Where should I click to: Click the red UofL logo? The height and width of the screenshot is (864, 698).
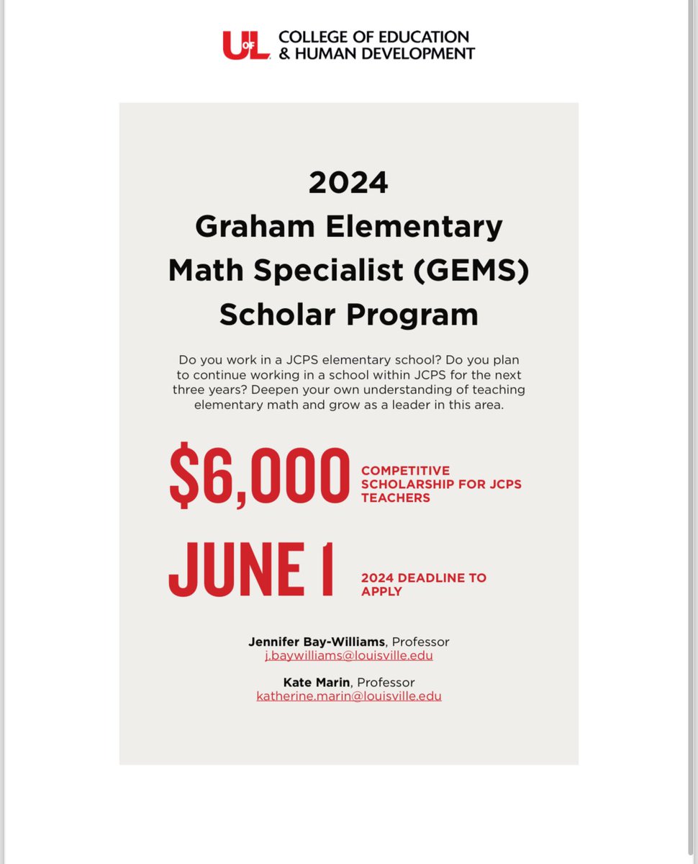246,45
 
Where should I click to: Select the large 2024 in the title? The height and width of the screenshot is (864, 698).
348,183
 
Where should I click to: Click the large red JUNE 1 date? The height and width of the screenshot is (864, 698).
251,570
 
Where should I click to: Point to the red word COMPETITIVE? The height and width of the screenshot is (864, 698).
405,471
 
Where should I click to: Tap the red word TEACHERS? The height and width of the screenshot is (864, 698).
395,498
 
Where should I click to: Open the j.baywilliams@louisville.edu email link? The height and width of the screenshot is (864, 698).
349,656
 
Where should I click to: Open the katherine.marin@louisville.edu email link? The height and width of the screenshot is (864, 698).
349,696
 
